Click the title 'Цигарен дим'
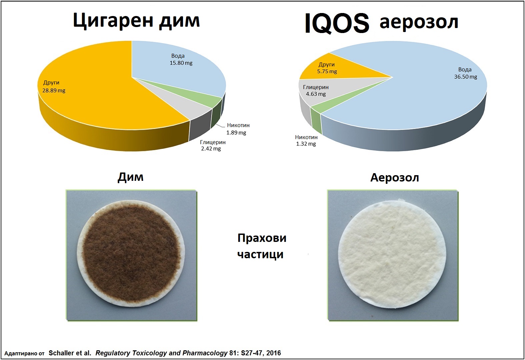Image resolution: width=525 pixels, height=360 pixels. [x=136, y=21]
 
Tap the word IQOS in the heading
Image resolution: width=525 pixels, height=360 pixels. [x=337, y=23]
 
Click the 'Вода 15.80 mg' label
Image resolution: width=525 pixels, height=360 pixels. [x=181, y=59]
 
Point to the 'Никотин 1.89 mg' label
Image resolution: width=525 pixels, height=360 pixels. [x=238, y=129]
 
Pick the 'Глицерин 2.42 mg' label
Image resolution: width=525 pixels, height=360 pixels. [x=213, y=145]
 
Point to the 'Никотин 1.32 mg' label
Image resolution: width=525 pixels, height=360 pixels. [x=306, y=140]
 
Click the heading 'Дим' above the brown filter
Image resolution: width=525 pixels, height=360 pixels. [x=130, y=177]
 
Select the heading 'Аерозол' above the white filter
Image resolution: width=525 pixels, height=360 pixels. [x=395, y=177]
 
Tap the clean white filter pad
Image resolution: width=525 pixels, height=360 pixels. [x=392, y=254]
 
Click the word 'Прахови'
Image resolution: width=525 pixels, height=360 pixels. [x=262, y=238]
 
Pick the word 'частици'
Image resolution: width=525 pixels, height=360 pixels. [x=260, y=254]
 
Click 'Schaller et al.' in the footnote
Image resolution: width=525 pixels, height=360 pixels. [x=70, y=353]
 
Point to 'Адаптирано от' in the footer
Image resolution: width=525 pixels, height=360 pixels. [x=24, y=353]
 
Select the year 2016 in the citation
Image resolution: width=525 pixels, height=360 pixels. [x=274, y=353]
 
